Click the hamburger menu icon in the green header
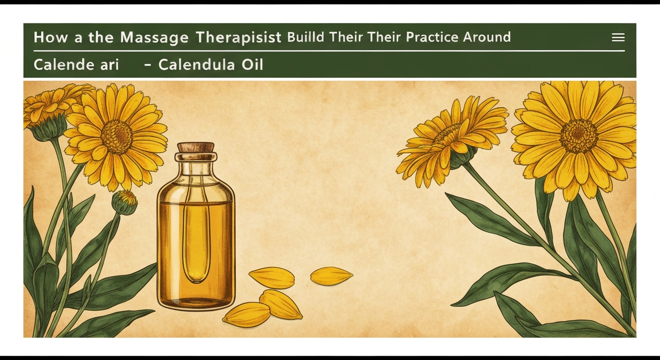click(x=618, y=37)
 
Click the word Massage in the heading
click(x=154, y=37)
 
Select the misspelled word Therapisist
click(x=239, y=37)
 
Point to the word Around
click(x=487, y=37)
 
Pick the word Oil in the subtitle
click(x=252, y=64)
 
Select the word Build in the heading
click(x=306, y=37)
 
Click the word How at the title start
click(x=51, y=37)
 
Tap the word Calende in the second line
click(x=63, y=64)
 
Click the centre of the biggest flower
click(x=579, y=136)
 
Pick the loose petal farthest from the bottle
click(x=331, y=276)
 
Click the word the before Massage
click(x=101, y=37)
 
